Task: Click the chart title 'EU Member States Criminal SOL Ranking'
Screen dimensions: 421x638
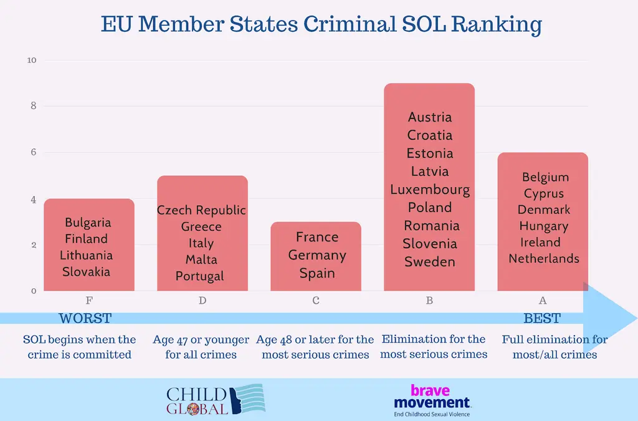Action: coord(321,25)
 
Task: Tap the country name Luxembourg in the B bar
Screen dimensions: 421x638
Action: coord(430,190)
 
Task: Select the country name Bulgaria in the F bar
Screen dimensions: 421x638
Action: coord(88,223)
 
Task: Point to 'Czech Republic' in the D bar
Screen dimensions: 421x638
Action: coord(201,210)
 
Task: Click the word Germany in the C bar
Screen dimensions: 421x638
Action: coord(317,255)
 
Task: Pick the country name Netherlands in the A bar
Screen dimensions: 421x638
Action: coord(544,258)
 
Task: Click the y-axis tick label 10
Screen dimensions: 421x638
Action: coord(32,60)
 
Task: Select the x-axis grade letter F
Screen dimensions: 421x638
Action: coord(88,301)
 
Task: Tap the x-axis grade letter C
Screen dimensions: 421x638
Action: coord(316,301)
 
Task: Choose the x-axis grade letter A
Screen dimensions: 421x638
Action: coord(543,301)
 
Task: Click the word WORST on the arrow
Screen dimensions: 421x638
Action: coord(85,319)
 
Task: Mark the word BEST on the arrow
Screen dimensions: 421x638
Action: coord(542,319)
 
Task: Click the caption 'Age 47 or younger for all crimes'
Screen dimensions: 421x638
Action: coord(201,347)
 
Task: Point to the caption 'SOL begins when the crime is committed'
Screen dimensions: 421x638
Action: coord(79,347)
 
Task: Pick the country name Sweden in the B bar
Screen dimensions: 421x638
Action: coord(430,262)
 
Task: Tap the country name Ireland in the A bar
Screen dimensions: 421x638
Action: coord(541,242)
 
